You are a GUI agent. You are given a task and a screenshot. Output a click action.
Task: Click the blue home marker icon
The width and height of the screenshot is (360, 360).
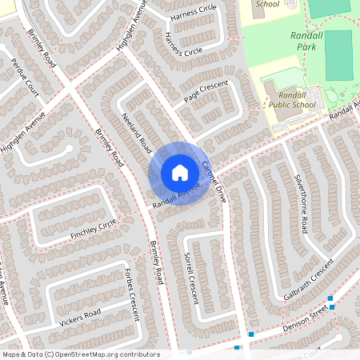180,173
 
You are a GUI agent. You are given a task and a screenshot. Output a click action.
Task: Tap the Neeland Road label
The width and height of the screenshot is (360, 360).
138,134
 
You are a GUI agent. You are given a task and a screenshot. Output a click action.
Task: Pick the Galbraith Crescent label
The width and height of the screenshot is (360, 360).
308,279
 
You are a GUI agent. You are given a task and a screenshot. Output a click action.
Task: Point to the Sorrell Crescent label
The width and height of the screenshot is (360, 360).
190,277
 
